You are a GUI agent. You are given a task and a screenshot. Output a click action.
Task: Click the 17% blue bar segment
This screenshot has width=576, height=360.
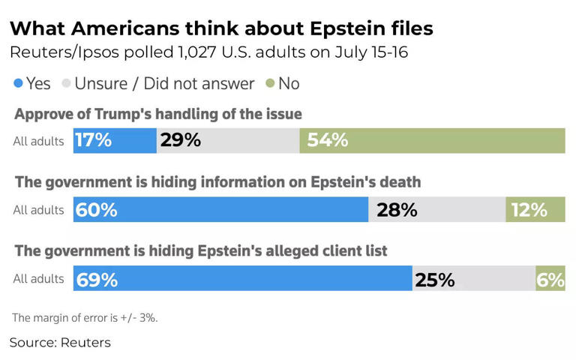(115, 140)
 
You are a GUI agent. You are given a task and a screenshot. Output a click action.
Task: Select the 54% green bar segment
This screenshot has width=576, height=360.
(432, 140)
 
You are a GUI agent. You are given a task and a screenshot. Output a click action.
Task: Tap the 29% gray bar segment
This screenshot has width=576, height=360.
(228, 140)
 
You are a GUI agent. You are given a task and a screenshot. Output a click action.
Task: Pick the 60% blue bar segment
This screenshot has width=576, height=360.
(220, 210)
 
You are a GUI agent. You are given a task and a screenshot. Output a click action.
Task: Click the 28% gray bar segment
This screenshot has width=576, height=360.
(436, 210)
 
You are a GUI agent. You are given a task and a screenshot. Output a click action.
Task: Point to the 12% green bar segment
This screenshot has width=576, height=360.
(535, 210)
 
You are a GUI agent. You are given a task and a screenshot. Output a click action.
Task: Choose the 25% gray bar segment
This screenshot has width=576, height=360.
(473, 280)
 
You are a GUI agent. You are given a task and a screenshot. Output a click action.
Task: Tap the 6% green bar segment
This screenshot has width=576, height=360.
(550, 280)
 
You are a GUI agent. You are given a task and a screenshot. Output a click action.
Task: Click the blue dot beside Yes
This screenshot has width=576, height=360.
(18, 83)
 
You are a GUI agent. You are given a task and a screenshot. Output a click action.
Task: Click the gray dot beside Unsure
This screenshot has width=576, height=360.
(66, 83)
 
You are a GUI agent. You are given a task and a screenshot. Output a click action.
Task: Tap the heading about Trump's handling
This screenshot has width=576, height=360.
(159, 114)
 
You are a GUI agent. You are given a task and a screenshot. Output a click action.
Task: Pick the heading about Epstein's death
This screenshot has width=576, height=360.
(217, 182)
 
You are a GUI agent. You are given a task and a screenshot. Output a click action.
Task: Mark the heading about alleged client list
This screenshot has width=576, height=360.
(201, 251)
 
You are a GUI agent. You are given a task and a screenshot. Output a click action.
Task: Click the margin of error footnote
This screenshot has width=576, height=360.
(85, 317)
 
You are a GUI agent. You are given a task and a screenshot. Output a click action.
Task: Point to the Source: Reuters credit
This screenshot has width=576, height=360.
(60, 343)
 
